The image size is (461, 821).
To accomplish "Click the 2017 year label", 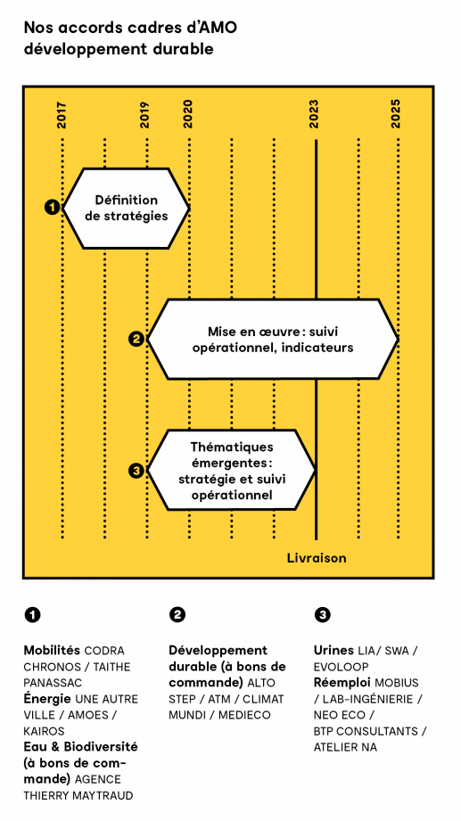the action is coord(62,114).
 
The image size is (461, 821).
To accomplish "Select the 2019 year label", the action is coord(145,114).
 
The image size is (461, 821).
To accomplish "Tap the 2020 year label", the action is coord(188,114).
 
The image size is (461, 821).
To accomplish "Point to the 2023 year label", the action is coord(315,114).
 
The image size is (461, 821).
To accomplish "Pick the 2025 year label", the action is coord(396,114).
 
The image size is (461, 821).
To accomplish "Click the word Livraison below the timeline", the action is coord(317,558).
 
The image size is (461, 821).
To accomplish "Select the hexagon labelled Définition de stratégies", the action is coord(126,208).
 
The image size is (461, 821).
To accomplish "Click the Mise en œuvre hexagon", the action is coord(273,339).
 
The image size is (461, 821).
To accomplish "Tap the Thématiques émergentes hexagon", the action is coord(231,470).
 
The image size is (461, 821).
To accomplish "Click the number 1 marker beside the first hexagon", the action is coord(52,208).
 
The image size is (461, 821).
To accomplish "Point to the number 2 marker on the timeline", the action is coord(136,340).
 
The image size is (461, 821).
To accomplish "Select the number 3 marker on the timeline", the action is coord(136,471).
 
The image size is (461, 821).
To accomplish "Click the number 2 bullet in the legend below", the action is coord(177,615).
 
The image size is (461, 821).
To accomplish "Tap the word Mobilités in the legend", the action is coord(52,651).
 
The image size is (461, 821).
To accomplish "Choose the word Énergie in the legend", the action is coord(47,699).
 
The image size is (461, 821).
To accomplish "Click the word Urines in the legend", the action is coord(333,651).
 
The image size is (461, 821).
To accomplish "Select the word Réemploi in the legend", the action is coord(342,683).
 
